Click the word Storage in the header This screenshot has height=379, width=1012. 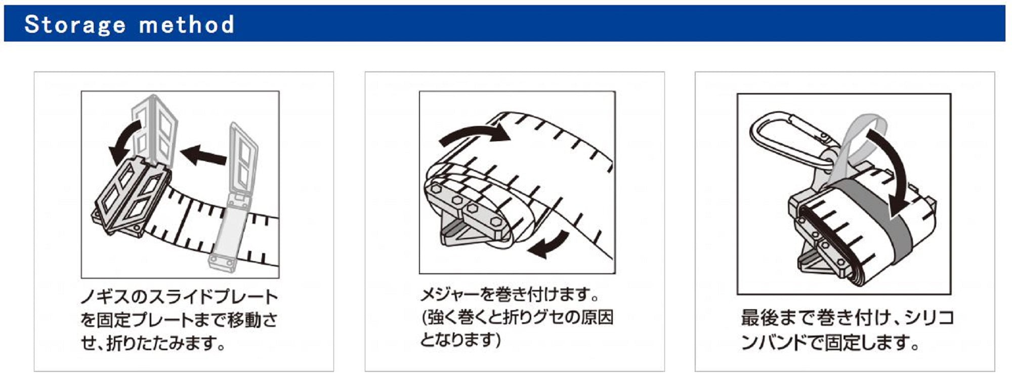(75, 25)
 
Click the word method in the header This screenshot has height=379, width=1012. (187, 25)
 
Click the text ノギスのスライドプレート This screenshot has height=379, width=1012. (180, 297)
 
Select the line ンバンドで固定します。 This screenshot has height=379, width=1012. (830, 343)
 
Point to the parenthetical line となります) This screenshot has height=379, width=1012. (460, 340)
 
